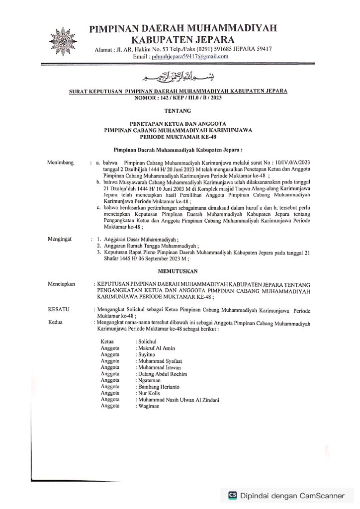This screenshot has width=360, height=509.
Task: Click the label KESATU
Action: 59,310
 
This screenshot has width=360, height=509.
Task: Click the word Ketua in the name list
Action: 107,342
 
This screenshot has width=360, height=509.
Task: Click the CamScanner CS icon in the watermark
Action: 232,495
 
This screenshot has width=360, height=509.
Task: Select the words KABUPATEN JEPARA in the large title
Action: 182,38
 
